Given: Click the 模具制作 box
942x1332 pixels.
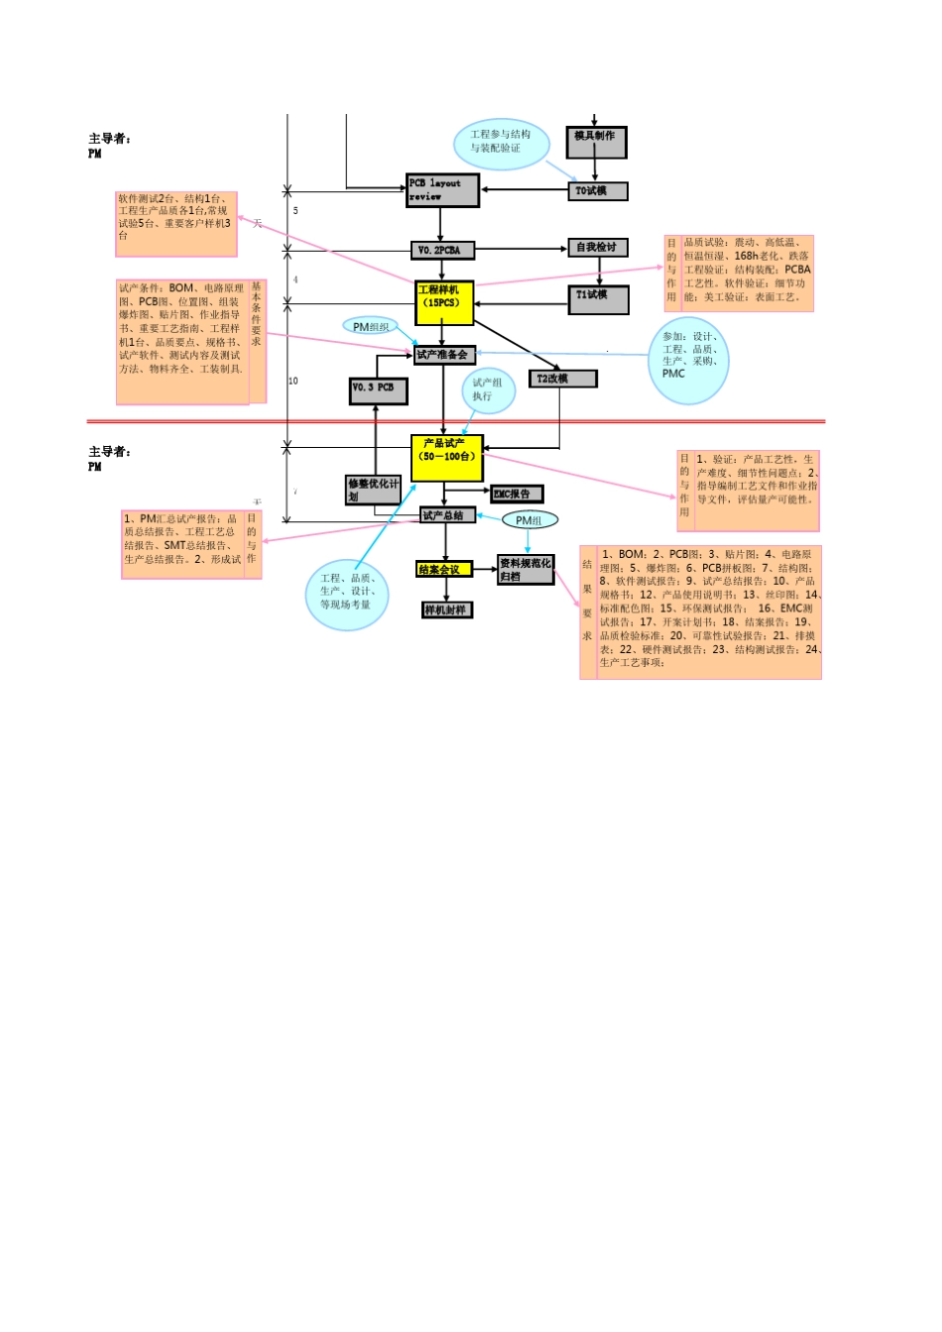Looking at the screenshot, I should [x=596, y=142].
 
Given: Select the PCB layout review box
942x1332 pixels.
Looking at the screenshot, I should [x=442, y=189].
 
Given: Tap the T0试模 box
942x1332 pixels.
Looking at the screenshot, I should [x=598, y=190].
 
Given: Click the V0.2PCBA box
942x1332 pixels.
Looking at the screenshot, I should [x=442, y=250].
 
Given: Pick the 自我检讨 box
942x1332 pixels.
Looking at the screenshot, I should [x=598, y=247].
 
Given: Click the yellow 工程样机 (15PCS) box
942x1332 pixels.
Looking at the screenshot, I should [x=443, y=302].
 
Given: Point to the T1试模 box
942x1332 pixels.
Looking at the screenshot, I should [x=598, y=299].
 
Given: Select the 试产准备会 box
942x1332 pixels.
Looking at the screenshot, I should [x=444, y=354].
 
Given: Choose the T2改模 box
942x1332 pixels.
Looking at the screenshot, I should [x=562, y=379].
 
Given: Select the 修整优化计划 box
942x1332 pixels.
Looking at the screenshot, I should [x=374, y=490].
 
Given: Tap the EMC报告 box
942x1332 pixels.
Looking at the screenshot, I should [x=517, y=494].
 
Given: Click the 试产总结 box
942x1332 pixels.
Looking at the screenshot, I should [x=447, y=515].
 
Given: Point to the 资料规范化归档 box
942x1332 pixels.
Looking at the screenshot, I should [x=526, y=570].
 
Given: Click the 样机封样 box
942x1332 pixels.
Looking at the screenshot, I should [x=447, y=610].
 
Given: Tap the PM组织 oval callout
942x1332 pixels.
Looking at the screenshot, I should [x=371, y=326].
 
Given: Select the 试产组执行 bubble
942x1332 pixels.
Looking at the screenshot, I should [x=488, y=390].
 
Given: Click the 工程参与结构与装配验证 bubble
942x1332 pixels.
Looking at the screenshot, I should [x=501, y=143].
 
